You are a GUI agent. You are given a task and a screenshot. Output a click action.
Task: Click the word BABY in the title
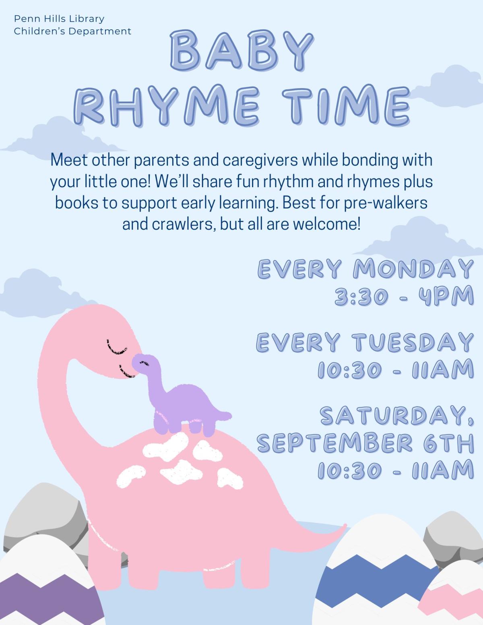242,52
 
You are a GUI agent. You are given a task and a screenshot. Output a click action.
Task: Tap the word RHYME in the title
165,105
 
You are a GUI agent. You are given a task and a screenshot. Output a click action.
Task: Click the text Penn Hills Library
59,19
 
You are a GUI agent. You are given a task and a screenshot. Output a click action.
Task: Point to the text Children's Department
72,31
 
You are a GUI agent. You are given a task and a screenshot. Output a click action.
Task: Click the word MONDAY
413,269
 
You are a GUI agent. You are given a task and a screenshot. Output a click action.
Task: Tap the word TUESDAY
413,342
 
